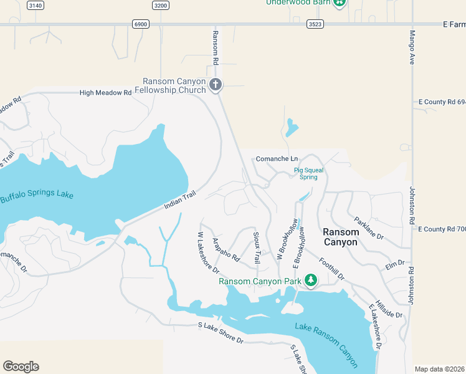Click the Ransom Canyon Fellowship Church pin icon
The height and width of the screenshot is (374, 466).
coord(216,85)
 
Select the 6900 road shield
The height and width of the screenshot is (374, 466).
coord(141,24)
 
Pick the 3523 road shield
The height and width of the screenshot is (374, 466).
coord(315,24)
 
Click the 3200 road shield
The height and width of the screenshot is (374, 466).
coord(161,6)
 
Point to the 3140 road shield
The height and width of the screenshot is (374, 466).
coord(36,6)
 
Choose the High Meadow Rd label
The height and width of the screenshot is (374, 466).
coord(105,93)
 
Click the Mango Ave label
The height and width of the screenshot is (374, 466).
coord(412,47)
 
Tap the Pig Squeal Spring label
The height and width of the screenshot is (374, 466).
coord(306,173)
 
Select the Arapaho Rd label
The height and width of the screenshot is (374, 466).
coord(226,248)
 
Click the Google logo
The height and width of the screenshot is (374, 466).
coord(21,367)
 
